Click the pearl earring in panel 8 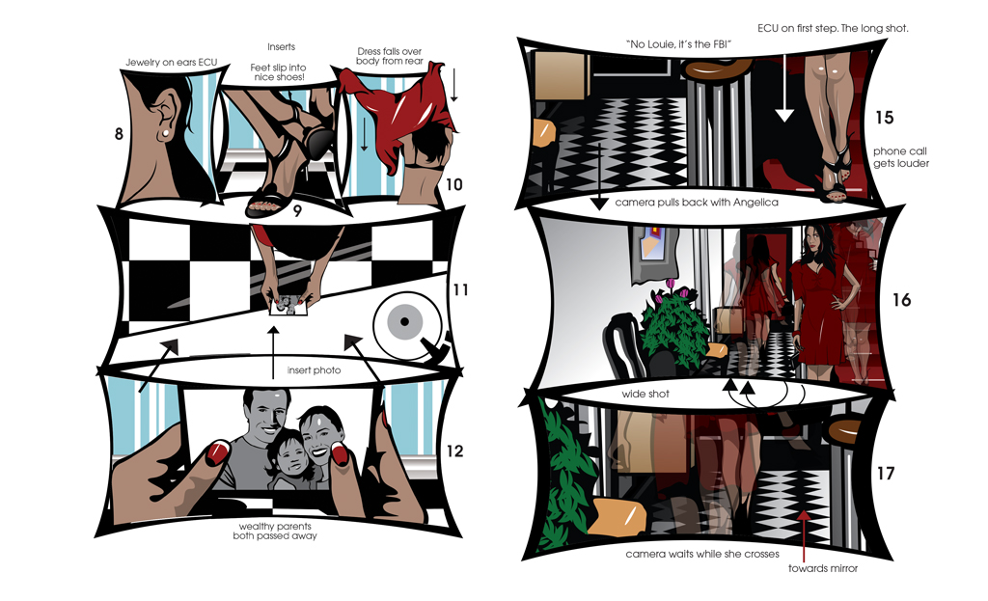(165, 133)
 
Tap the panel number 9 (297, 210)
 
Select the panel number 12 (455, 451)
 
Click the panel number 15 (885, 117)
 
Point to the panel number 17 (886, 473)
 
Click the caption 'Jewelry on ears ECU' (172, 63)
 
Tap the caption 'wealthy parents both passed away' (275, 532)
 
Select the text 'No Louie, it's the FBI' (678, 44)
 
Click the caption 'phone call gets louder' (901, 157)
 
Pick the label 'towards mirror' (823, 568)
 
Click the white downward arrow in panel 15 (784, 88)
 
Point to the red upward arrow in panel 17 (804, 535)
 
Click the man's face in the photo (265, 414)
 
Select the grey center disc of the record (404, 321)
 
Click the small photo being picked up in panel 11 (288, 306)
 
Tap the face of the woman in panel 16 (817, 239)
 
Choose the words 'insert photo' (314, 369)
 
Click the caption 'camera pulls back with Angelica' (697, 203)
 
